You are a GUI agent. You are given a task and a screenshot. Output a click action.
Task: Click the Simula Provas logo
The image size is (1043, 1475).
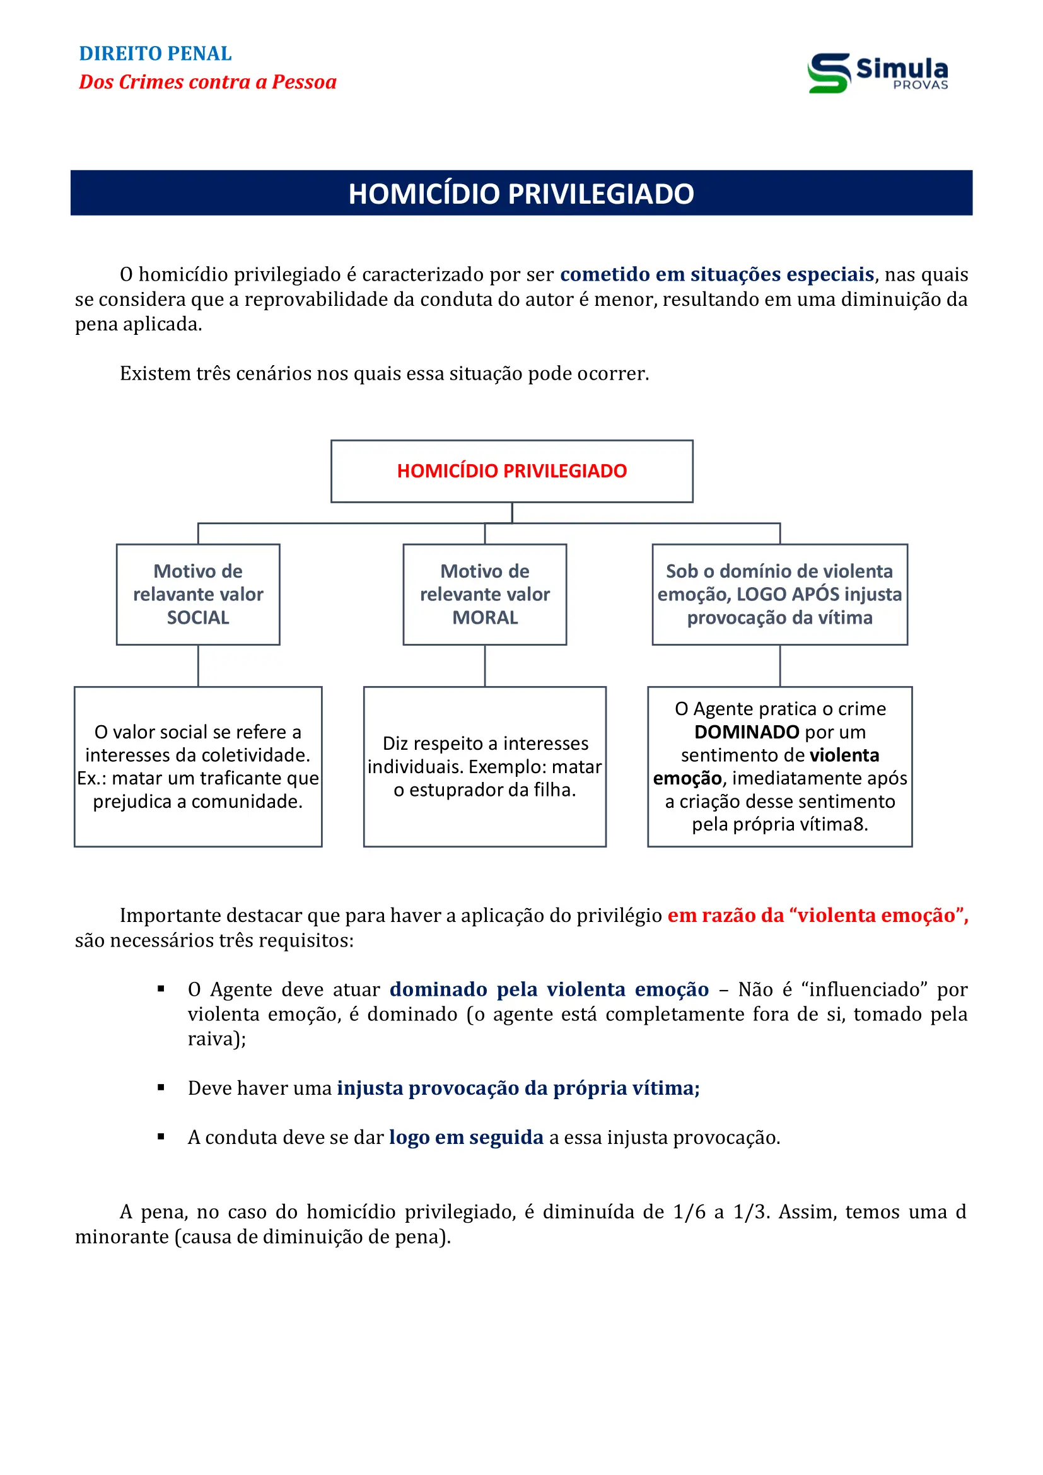pyautogui.click(x=877, y=73)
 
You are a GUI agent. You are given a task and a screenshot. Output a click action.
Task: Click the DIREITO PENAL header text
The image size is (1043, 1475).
pyautogui.click(x=154, y=54)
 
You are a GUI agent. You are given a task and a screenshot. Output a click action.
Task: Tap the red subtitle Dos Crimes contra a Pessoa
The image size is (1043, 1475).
pyautogui.click(x=207, y=82)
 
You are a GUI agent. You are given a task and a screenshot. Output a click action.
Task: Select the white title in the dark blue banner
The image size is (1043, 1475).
pyautogui.click(x=521, y=194)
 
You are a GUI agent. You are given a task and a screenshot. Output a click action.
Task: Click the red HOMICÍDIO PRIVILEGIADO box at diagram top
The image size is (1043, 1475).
pyautogui.click(x=511, y=471)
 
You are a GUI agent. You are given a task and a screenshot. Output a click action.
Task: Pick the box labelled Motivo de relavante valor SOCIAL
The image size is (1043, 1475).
pyautogui.click(x=198, y=594)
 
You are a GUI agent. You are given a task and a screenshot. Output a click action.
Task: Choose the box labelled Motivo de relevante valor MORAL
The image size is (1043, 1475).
pyautogui.click(x=484, y=594)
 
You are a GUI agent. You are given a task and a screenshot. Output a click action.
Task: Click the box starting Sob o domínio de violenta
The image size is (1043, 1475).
pyautogui.click(x=779, y=594)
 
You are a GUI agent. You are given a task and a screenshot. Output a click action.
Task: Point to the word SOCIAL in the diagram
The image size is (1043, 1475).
pyautogui.click(x=198, y=618)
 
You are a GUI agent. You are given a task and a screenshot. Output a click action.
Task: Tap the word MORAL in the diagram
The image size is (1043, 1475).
pyautogui.click(x=485, y=618)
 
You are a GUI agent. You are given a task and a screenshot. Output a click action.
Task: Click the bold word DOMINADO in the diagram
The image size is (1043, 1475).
pyautogui.click(x=746, y=732)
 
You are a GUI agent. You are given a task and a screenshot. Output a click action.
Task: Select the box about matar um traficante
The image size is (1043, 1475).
pyautogui.click(x=198, y=766)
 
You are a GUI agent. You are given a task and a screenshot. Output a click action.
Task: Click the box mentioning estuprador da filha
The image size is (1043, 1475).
pyautogui.click(x=484, y=766)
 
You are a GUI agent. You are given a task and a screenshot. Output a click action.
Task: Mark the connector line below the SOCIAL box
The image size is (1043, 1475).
pyautogui.click(x=198, y=665)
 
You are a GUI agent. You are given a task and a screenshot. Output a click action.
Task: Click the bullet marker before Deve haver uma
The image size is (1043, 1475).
pyautogui.click(x=161, y=1088)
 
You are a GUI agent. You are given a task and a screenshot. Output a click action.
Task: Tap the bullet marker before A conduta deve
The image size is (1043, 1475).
pyautogui.click(x=161, y=1137)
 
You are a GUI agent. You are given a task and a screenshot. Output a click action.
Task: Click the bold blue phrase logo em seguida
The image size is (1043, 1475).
pyautogui.click(x=465, y=1138)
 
